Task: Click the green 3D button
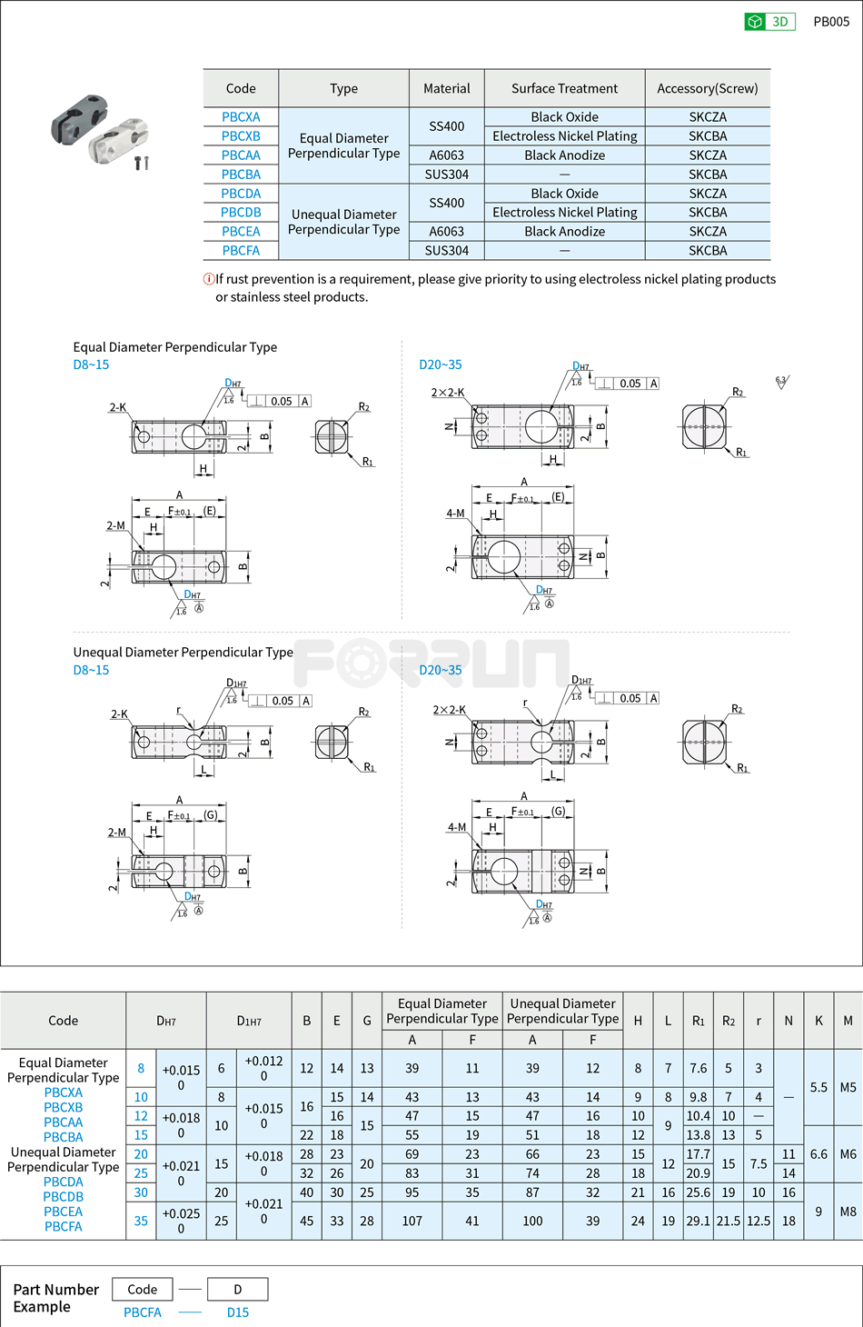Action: (x=769, y=22)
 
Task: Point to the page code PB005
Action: (x=831, y=22)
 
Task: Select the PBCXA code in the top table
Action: (x=241, y=117)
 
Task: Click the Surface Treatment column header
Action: (x=564, y=88)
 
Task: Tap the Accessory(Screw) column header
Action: (x=707, y=88)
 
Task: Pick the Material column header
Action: (x=446, y=88)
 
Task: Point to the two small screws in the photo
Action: (x=141, y=164)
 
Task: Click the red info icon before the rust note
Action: (x=209, y=279)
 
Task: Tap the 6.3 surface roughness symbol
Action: (x=781, y=382)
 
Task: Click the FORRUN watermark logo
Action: (x=431, y=663)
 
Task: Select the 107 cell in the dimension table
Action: (x=412, y=1221)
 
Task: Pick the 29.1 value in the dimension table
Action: (x=698, y=1221)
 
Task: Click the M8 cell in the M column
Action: (x=848, y=1212)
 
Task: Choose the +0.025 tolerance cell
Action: (x=181, y=1221)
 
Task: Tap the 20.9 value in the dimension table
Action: (x=698, y=1173)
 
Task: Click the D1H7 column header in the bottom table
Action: (x=249, y=1021)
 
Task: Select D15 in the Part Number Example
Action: (x=238, y=1312)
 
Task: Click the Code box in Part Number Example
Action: (x=142, y=1289)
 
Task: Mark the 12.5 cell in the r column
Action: (x=759, y=1221)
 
